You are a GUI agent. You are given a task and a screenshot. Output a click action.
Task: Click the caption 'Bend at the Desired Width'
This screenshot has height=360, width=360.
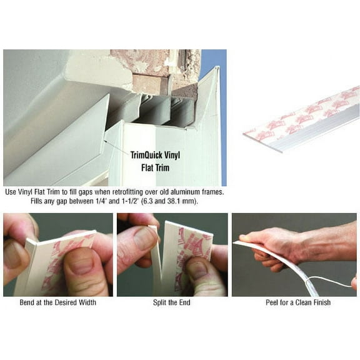[58, 303]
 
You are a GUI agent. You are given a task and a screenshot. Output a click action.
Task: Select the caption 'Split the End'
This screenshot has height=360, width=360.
[172, 303]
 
